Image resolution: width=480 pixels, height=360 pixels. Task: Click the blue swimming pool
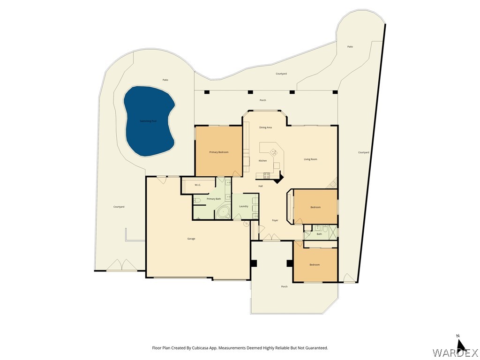click(x=149, y=121)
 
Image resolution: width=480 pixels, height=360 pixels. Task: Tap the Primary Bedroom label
click(x=218, y=152)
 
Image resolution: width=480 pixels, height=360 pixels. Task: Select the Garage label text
click(x=191, y=239)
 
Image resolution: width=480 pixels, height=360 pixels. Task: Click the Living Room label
click(x=310, y=159)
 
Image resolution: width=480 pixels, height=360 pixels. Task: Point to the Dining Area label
click(x=266, y=127)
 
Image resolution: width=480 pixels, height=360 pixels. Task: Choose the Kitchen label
click(x=262, y=161)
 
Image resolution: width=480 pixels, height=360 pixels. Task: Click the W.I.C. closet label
click(x=198, y=185)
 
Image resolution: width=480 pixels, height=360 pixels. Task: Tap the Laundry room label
click(x=243, y=206)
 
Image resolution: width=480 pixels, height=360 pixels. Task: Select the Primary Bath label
click(x=214, y=199)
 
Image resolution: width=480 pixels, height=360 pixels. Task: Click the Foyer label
click(x=275, y=220)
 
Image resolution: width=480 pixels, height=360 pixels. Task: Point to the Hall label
click(x=261, y=186)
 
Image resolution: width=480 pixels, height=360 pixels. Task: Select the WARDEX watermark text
click(x=449, y=352)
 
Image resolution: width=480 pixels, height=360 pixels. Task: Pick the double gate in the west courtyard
click(x=122, y=266)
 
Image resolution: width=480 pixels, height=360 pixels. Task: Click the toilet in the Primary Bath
click(x=197, y=201)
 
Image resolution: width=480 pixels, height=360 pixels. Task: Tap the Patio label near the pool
click(x=165, y=80)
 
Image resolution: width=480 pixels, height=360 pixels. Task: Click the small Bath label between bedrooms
click(x=319, y=233)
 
